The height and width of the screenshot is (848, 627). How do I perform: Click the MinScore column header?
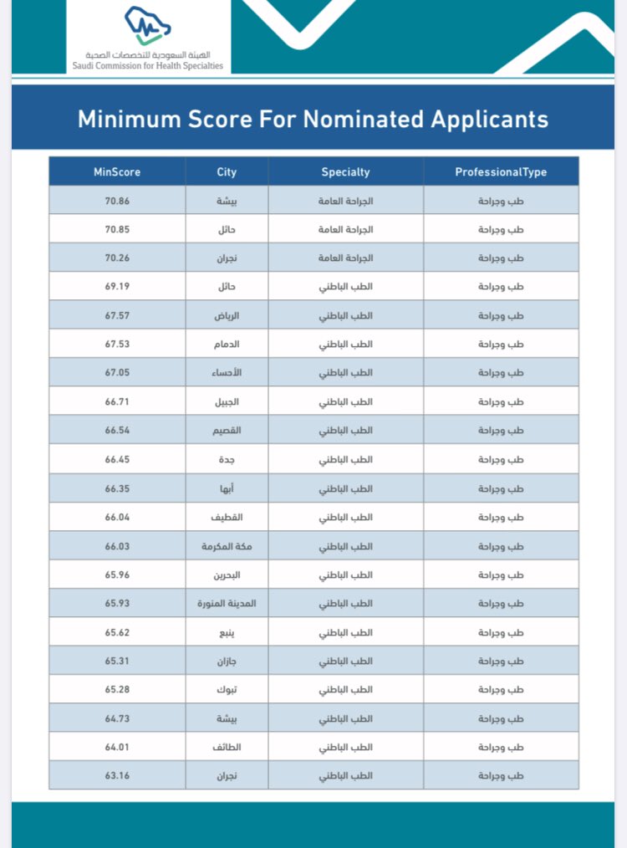coord(117,172)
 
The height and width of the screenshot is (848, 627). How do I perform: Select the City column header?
coord(227,172)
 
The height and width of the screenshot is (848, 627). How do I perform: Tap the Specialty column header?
coord(345,172)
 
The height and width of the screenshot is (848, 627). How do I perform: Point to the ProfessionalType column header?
coord(501,172)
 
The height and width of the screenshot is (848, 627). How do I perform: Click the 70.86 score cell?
coord(117,201)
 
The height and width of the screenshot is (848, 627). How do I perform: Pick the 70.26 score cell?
coord(117,258)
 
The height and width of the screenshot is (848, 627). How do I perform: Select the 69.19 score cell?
coord(117,287)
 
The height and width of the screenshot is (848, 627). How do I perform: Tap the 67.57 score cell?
coord(117,315)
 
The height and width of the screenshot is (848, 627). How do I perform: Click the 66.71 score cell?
coord(117,401)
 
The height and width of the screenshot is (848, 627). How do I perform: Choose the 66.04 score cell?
coord(117,517)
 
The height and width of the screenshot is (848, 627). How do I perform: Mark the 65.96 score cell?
coord(117,575)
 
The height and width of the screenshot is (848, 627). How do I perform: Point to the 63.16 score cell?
coord(117,775)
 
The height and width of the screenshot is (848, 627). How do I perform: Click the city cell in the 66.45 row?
coord(227,459)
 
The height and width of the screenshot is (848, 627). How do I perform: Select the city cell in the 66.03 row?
coord(227,546)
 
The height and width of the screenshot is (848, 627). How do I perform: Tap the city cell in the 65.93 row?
coord(227,603)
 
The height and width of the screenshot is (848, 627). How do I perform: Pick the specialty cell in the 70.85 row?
coord(345,229)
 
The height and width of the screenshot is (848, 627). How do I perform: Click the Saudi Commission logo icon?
coord(147,25)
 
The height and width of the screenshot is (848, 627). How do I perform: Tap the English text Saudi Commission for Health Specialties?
coord(148,65)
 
